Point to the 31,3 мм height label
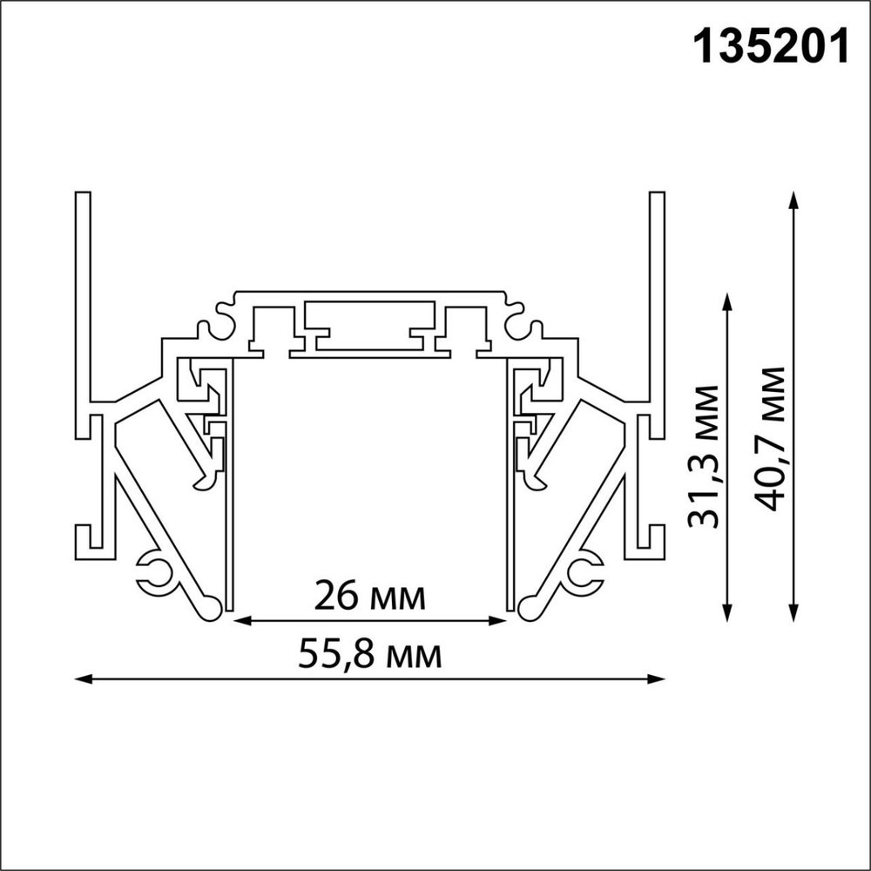[703, 456]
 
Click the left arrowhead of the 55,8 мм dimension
[81, 678]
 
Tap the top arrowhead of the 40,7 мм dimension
[793, 199]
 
